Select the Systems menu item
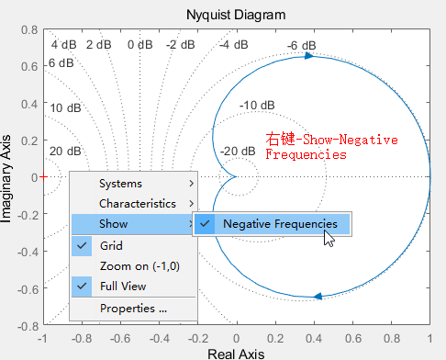coord(120,184)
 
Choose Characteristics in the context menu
coord(138,203)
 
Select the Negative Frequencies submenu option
coord(279,223)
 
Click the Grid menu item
coord(110,245)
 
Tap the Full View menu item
coord(122,286)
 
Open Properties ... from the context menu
coord(133,309)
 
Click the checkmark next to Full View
coord(83,286)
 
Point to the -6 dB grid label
coord(301,45)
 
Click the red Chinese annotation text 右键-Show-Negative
coord(318,140)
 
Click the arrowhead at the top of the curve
coord(308,56)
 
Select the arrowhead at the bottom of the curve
coord(318,296)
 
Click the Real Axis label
coord(237,353)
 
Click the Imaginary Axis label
coord(8,176)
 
